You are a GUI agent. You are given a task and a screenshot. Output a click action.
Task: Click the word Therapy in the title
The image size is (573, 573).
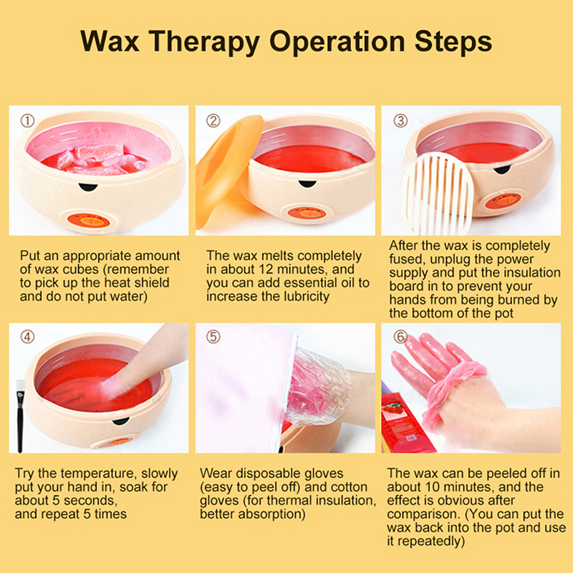pos(204,42)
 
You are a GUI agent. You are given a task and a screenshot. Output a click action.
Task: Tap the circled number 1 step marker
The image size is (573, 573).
pos(27,120)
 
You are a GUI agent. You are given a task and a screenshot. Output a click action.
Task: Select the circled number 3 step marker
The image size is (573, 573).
pos(400,120)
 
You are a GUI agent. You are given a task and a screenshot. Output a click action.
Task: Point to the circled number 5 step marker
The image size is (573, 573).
pos(213,337)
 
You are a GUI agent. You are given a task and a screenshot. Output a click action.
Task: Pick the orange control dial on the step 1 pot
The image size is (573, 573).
pos(89,221)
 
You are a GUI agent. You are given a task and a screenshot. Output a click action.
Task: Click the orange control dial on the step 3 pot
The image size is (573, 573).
pos(504,201)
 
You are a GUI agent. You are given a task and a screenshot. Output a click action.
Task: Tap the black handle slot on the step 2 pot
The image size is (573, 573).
pos(307,183)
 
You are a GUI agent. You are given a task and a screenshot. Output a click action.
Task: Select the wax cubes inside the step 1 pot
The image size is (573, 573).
pos(100,159)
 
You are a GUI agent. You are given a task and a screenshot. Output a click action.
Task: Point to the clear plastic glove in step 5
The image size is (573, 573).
pos(315,387)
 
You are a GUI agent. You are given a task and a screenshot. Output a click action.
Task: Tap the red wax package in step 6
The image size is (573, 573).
pos(405,420)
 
